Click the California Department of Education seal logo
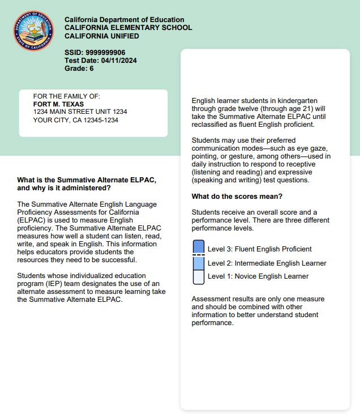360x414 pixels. pyautogui.click(x=35, y=31)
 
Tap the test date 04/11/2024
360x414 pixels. pyautogui.click(x=119, y=61)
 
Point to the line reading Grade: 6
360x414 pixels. pyautogui.click(x=79, y=69)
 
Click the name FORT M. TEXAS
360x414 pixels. pyautogui.click(x=58, y=104)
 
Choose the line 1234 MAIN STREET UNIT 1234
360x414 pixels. pyautogui.click(x=80, y=112)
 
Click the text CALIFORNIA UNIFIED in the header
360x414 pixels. pyautogui.click(x=102, y=36)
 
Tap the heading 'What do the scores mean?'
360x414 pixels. pyautogui.click(x=237, y=197)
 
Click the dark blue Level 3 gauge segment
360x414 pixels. pyautogui.click(x=198, y=246)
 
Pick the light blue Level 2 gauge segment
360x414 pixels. pyautogui.click(x=198, y=263)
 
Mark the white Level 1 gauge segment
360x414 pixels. pyautogui.click(x=198, y=277)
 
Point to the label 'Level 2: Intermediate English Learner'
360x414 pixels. pyautogui.click(x=267, y=263)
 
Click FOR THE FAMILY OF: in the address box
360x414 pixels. pyautogui.click(x=66, y=96)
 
